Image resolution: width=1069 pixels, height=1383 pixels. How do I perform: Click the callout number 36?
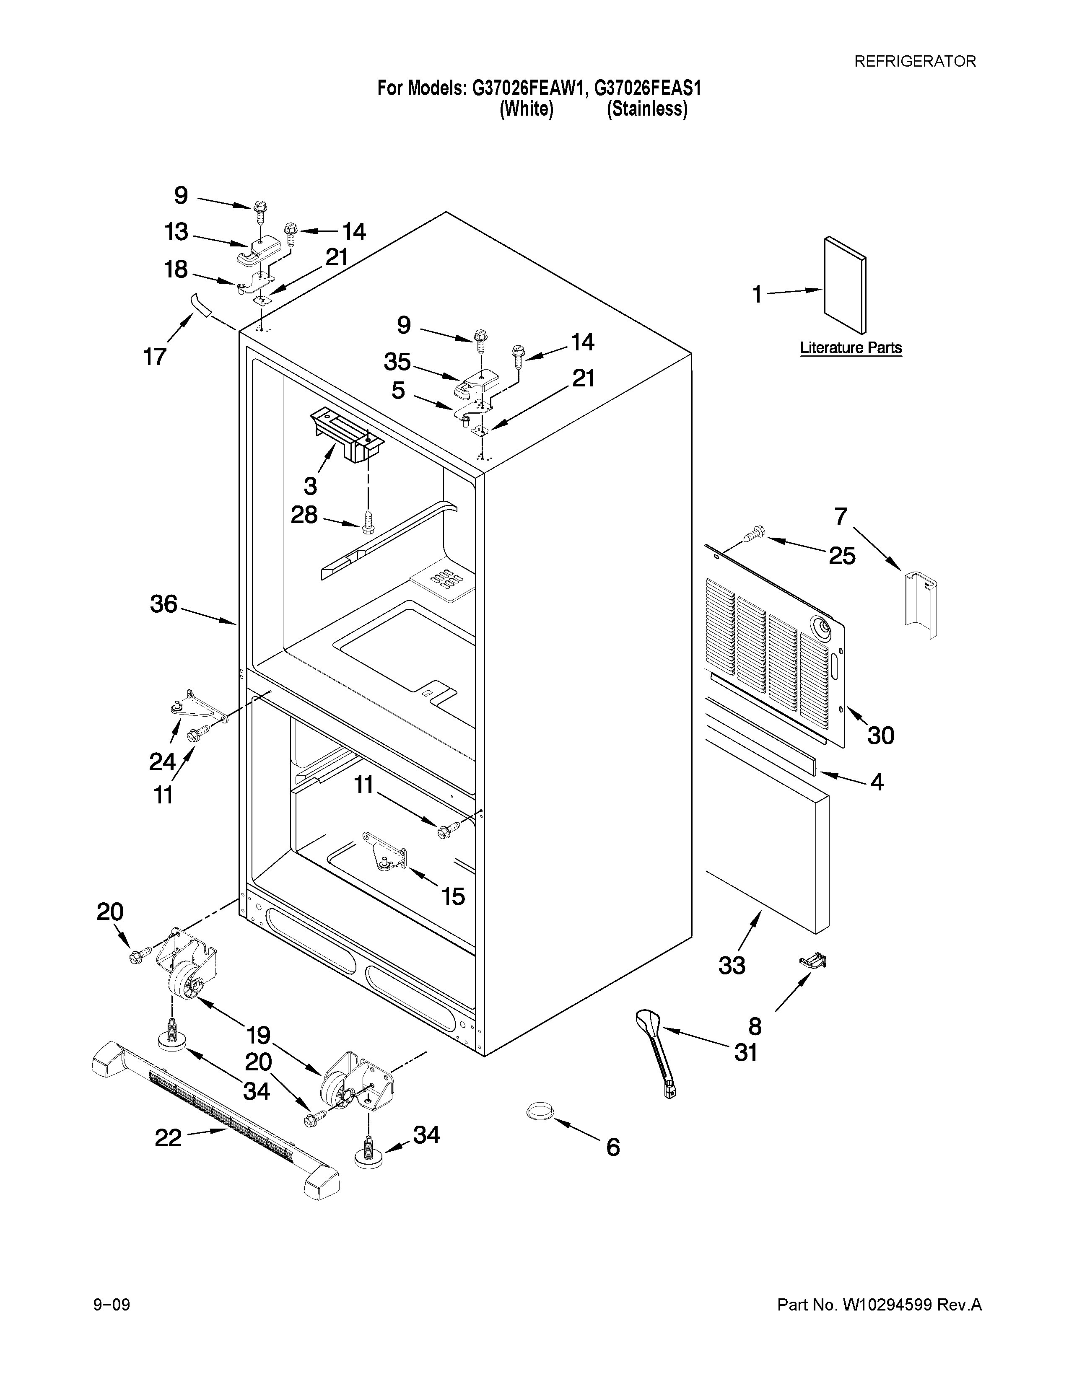(x=163, y=604)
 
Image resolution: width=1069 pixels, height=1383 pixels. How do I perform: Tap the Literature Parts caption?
(x=851, y=348)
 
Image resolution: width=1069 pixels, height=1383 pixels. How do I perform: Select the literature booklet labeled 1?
(x=845, y=285)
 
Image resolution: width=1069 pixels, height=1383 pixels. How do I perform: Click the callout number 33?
(x=732, y=965)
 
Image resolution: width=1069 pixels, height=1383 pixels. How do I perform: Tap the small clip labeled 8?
(x=813, y=961)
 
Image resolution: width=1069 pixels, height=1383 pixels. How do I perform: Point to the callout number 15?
(x=453, y=896)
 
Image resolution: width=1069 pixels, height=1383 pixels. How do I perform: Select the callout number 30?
(x=880, y=735)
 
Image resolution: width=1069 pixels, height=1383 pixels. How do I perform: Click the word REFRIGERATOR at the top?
(x=915, y=62)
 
